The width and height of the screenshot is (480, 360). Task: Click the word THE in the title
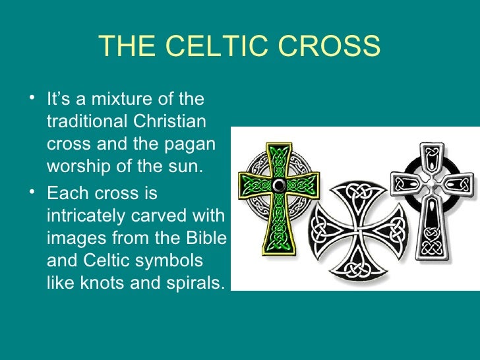point(127,47)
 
